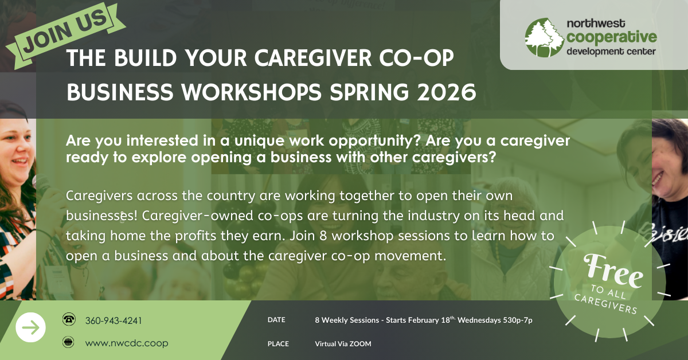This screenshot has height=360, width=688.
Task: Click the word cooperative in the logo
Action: tap(611, 37)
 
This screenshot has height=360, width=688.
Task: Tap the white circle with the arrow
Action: tap(30, 327)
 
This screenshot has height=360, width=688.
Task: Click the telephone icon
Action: tap(69, 319)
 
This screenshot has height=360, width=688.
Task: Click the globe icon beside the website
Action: tap(69, 343)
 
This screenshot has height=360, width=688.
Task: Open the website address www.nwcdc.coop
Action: tap(127, 343)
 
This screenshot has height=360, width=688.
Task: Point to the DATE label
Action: tap(276, 320)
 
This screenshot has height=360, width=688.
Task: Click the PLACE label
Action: tap(278, 344)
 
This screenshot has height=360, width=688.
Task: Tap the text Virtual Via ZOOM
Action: tap(343, 344)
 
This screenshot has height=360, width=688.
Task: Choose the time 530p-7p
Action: tap(517, 320)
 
